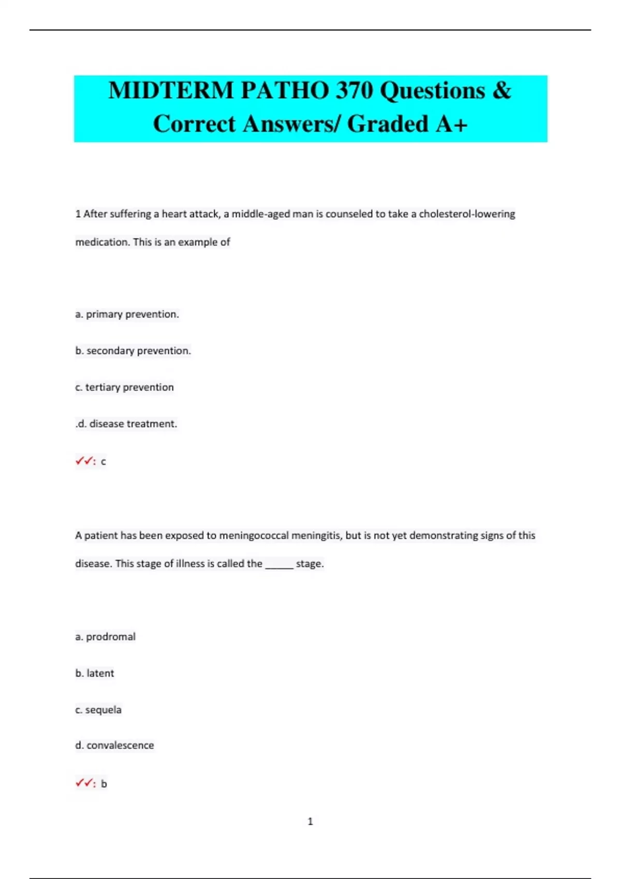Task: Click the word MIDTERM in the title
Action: tap(170, 91)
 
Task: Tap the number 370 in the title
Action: tap(354, 91)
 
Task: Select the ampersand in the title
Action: tap(501, 91)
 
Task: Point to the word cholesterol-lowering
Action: tap(467, 214)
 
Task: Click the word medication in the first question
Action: tap(101, 242)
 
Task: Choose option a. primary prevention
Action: tap(127, 314)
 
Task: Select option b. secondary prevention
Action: tap(133, 351)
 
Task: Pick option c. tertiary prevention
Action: tap(124, 387)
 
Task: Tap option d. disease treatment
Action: tap(127, 424)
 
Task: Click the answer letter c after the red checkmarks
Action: tap(103, 462)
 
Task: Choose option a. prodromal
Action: tap(105, 637)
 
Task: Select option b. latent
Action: tap(95, 674)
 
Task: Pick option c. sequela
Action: tap(98, 710)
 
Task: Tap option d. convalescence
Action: tap(114, 746)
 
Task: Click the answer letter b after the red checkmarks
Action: tap(104, 784)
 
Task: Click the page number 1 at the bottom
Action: tap(310, 822)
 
